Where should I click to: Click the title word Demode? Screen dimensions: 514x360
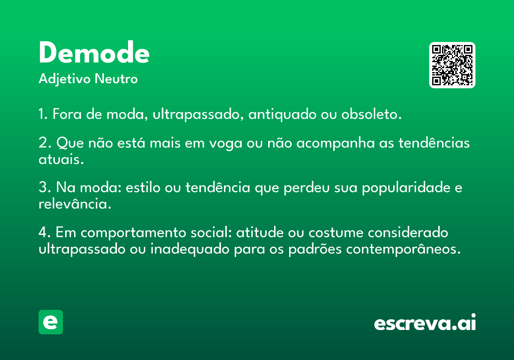(x=94, y=52)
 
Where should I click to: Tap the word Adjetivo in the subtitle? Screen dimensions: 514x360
(x=65, y=79)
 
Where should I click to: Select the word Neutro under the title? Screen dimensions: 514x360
(x=116, y=79)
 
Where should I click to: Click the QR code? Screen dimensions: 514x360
(x=452, y=65)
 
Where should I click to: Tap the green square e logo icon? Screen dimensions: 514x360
(x=51, y=322)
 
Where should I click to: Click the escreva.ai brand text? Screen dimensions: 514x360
(x=425, y=322)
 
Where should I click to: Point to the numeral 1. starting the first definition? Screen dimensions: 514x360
(x=43, y=114)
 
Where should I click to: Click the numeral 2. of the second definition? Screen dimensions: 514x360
(x=45, y=143)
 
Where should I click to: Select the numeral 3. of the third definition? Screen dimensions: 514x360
(x=45, y=187)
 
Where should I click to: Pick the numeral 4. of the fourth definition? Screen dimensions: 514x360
(x=45, y=232)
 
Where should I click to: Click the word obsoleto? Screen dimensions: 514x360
(x=371, y=114)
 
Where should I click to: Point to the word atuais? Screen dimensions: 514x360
(x=61, y=159)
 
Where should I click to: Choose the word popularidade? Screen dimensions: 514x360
(x=406, y=188)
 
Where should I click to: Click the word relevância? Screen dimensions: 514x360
(x=75, y=204)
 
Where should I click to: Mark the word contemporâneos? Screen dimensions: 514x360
(x=403, y=249)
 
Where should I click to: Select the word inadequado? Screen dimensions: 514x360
(x=190, y=249)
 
